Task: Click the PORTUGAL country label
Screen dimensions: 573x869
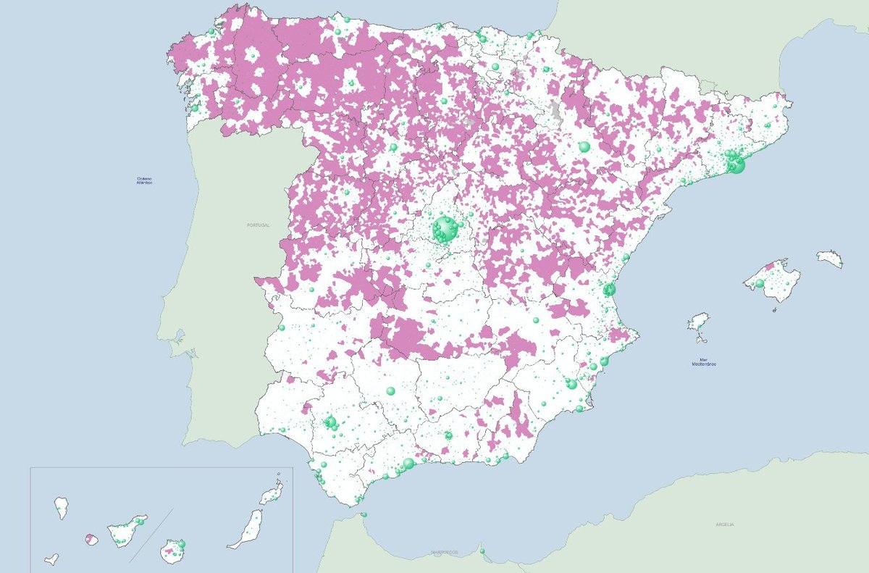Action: tap(258, 225)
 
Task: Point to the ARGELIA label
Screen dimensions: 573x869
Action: tap(724, 524)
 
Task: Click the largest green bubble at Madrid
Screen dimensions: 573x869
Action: tap(444, 230)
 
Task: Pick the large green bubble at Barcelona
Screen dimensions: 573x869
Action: tap(737, 166)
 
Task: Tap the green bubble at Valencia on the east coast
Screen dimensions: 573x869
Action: tap(609, 290)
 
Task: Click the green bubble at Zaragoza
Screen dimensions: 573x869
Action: tap(584, 147)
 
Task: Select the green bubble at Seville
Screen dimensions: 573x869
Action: tap(331, 422)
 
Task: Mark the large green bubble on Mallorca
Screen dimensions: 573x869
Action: tap(760, 283)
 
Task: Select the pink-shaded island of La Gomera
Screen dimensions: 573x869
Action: tap(91, 539)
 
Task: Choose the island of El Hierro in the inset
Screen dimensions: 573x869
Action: tap(51, 559)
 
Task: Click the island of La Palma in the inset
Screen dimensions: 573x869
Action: tap(62, 506)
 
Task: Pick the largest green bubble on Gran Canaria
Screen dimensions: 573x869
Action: tap(181, 543)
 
